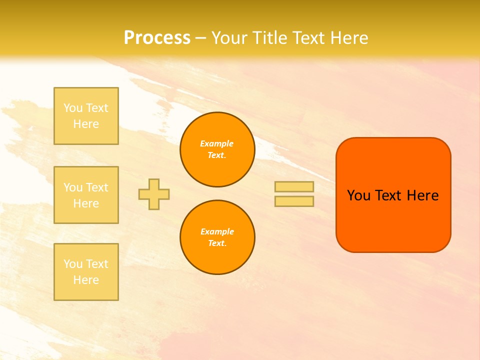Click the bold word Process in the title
[x=157, y=38]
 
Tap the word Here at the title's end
[x=349, y=38]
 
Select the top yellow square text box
[x=86, y=116]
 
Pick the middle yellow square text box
[x=86, y=195]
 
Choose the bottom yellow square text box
[x=86, y=272]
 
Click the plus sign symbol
[x=154, y=194]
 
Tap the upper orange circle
[x=217, y=149]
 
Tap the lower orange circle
[x=217, y=237]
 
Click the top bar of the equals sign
[x=294, y=186]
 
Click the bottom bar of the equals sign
[x=294, y=201]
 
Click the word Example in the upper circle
[x=217, y=143]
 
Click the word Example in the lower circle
[x=217, y=231]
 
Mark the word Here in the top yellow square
[x=86, y=124]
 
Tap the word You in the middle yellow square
[x=72, y=187]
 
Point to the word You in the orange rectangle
[x=358, y=195]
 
